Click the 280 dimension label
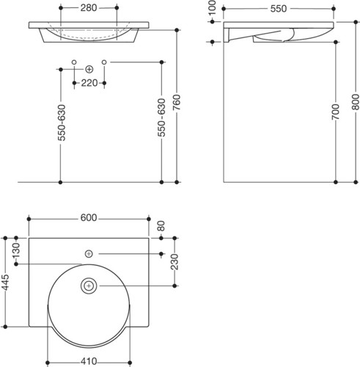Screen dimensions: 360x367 89,8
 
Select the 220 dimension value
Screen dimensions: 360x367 89,83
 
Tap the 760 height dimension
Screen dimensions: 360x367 177,102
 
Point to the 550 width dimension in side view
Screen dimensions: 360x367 279,9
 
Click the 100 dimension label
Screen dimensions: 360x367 213,7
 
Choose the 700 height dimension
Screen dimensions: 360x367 336,112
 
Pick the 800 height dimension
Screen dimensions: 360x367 356,102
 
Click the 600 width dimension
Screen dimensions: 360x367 89,217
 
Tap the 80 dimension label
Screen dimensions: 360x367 161,226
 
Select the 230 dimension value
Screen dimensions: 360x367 175,262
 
